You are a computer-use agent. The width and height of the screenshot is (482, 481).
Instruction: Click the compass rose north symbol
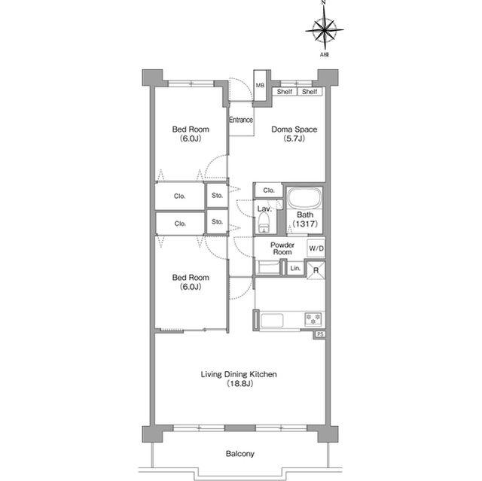pyautogui.click(x=325, y=29)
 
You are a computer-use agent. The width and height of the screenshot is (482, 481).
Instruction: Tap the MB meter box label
pyautogui.click(x=260, y=85)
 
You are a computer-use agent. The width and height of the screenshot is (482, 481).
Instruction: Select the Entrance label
pyautogui.click(x=241, y=120)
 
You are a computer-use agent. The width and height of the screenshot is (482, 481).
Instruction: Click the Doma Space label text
pyautogui.click(x=294, y=129)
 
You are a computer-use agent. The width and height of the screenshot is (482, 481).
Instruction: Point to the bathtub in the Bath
pyautogui.click(x=304, y=198)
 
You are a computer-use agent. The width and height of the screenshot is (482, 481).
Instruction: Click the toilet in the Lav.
pyautogui.click(x=264, y=224)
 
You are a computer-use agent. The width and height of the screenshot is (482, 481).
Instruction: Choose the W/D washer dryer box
pyautogui.click(x=316, y=248)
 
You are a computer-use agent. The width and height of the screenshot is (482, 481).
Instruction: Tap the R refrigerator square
pyautogui.click(x=316, y=270)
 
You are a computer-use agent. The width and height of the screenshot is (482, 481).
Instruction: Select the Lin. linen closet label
pyautogui.click(x=295, y=268)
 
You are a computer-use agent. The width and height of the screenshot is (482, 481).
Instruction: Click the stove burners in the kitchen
pyautogui.click(x=313, y=319)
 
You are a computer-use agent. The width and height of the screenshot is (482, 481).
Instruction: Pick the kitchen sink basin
pyautogui.click(x=272, y=321)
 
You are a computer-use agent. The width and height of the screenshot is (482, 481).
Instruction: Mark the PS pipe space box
pyautogui.click(x=319, y=334)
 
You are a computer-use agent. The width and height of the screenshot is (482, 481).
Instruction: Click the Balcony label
pyautogui.click(x=240, y=454)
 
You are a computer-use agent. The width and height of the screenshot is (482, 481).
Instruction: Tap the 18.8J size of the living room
pyautogui.click(x=239, y=384)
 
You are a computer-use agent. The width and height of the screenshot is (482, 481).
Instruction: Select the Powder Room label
pyautogui.click(x=282, y=248)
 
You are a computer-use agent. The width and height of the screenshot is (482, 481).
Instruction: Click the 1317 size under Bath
pyautogui.click(x=305, y=224)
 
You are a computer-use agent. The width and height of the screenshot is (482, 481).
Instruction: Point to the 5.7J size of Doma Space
pyautogui.click(x=294, y=139)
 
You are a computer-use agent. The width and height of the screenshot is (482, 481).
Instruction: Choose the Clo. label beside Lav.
pyautogui.click(x=269, y=190)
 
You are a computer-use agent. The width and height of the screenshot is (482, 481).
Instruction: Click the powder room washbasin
pyautogui.click(x=268, y=267)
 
